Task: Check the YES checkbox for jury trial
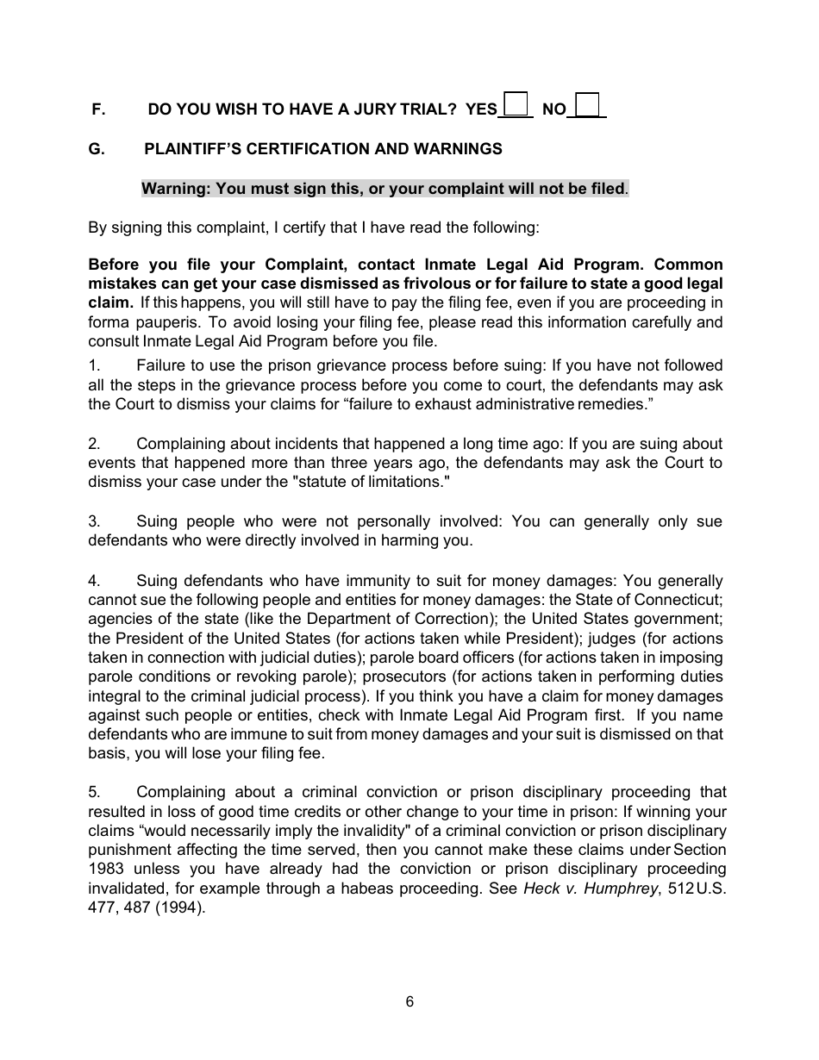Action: click(516, 104)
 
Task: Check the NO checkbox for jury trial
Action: click(587, 104)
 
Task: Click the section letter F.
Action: click(97, 109)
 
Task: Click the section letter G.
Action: click(97, 149)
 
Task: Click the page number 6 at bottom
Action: click(409, 1001)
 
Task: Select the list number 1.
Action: click(93, 366)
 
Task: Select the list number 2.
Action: click(93, 444)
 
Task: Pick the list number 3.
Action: click(93, 521)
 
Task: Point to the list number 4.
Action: click(93, 581)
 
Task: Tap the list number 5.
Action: click(93, 792)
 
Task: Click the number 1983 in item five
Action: click(105, 869)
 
